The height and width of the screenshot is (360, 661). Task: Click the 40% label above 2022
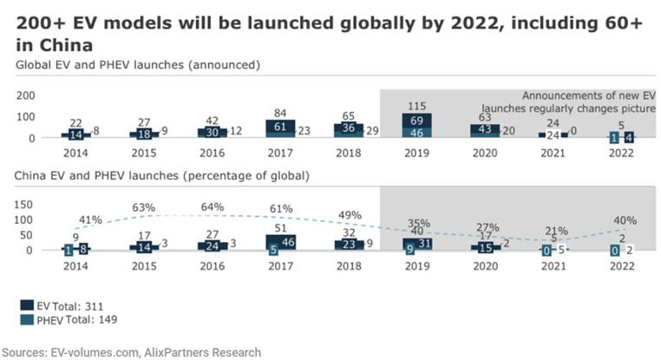pyautogui.click(x=625, y=219)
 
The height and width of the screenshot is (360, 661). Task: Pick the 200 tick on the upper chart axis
pyautogui.click(x=26, y=95)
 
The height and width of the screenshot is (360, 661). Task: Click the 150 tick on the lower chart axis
pyautogui.click(x=26, y=205)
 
